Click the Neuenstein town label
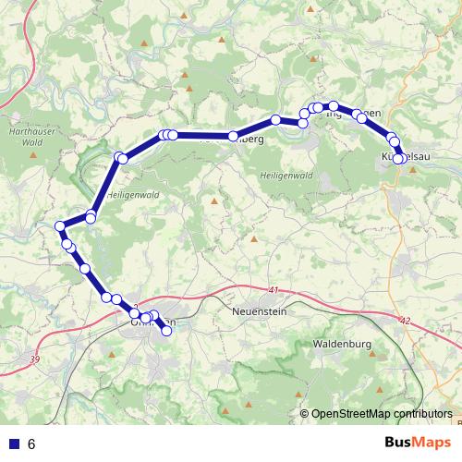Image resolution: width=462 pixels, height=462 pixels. coord(261,312)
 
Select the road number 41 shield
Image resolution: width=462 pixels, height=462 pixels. coord(274,290)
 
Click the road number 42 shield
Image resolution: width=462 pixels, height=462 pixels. coord(406,320)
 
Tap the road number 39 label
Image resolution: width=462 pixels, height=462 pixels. coord(36,358)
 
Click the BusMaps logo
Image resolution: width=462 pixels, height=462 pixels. coord(415,443)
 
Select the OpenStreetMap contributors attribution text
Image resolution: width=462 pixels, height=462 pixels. coord(382,414)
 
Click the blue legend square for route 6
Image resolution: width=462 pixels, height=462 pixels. coord(13,444)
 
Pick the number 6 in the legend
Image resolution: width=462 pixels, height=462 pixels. coord(31,444)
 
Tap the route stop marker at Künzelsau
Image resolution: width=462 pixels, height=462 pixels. coord(398,158)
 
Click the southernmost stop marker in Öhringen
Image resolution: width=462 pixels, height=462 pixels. coord(167,331)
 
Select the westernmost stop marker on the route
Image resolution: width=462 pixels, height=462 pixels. coord(60,226)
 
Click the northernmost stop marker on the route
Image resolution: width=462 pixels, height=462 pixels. coord(334,106)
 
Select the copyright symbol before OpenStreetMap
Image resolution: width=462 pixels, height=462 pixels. coord(305,414)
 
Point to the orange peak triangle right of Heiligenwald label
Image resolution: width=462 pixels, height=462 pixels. coord(214,201)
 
